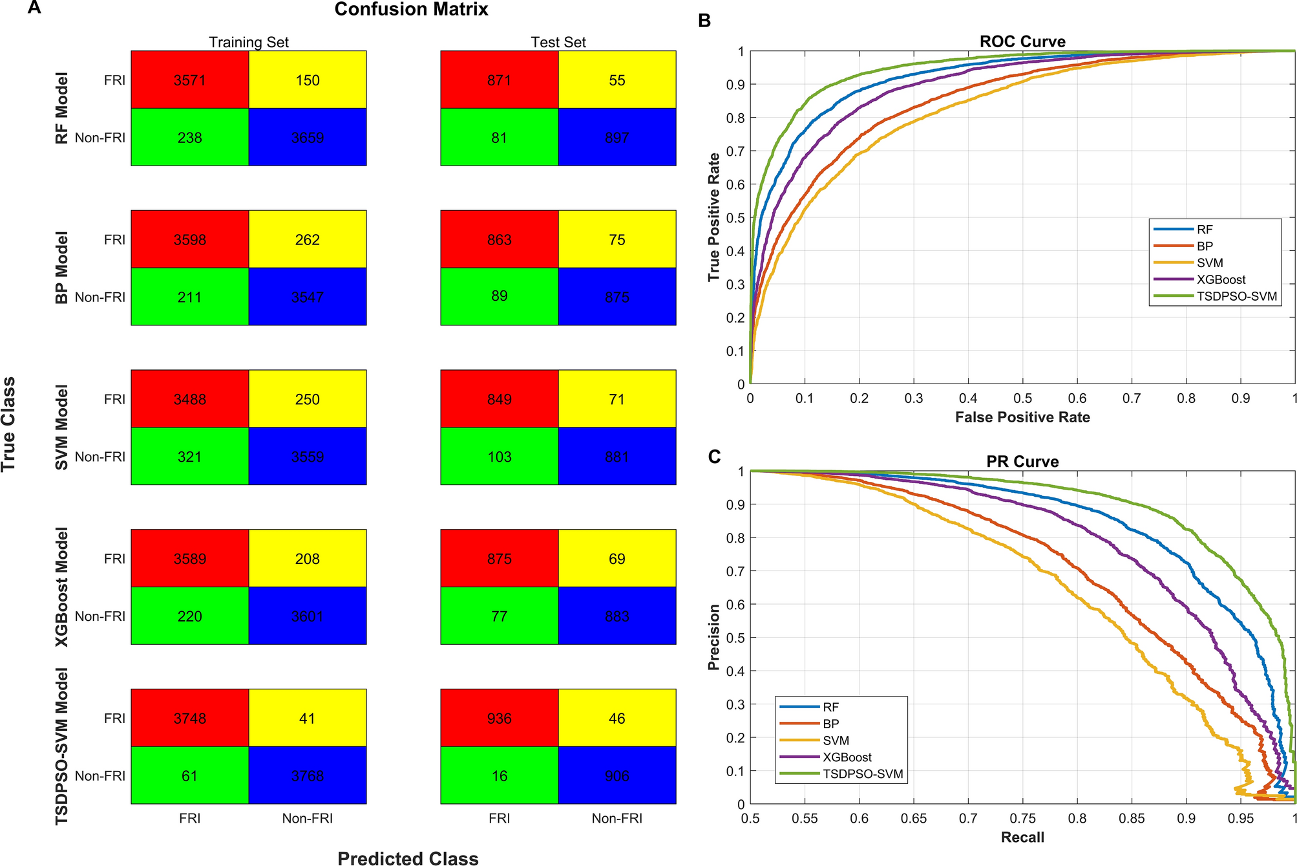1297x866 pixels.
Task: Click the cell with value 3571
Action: tap(189, 80)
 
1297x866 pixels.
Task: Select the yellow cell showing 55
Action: tap(617, 80)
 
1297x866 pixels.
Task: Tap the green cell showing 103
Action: tap(499, 457)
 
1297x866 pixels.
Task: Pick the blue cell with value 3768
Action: tap(307, 775)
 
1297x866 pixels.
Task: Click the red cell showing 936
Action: tap(499, 719)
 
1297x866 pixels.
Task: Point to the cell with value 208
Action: tap(307, 559)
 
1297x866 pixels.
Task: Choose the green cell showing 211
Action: tap(189, 297)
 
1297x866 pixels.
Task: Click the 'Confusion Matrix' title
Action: tap(411, 10)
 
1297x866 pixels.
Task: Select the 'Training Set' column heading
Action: tap(248, 42)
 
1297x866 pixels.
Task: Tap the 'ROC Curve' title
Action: tap(1022, 41)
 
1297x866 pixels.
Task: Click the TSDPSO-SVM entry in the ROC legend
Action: tap(1236, 296)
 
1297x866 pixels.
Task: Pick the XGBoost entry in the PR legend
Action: tap(847, 757)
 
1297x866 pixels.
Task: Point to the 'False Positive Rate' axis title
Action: tap(1022, 417)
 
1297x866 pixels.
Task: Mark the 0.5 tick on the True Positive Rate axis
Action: tap(737, 218)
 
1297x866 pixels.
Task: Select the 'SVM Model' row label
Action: tap(61, 428)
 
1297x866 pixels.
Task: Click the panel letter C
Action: tap(714, 457)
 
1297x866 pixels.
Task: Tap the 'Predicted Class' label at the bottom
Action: tap(408, 858)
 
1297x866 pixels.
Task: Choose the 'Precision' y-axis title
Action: tap(713, 637)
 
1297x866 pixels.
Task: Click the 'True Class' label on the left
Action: tap(8, 424)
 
